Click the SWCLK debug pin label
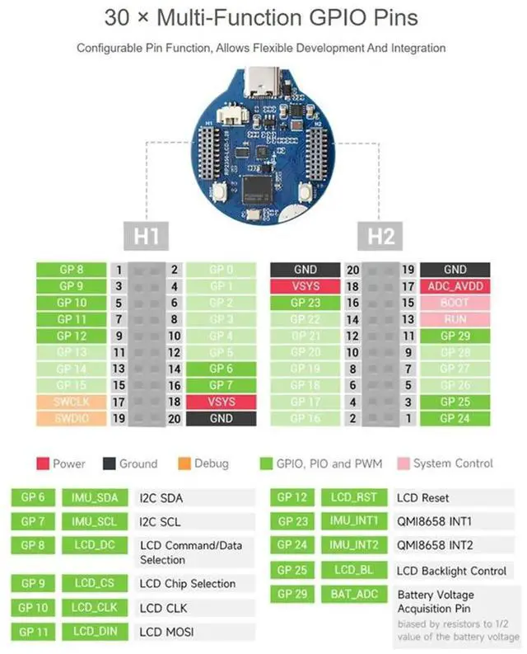click(x=71, y=402)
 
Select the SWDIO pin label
click(x=71, y=418)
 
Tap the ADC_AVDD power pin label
click(x=455, y=286)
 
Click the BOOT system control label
click(x=455, y=303)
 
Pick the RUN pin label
click(x=455, y=319)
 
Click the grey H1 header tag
click(x=146, y=237)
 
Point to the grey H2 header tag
click(x=380, y=237)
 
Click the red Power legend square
click(x=42, y=463)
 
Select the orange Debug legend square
click(x=184, y=463)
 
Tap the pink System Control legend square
click(x=403, y=463)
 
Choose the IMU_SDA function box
click(x=96, y=497)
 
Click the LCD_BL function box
click(x=355, y=571)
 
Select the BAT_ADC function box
click(x=355, y=594)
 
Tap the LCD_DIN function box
click(x=96, y=632)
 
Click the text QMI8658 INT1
click(x=435, y=521)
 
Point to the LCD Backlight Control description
click(x=451, y=571)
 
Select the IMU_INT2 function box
click(x=355, y=545)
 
